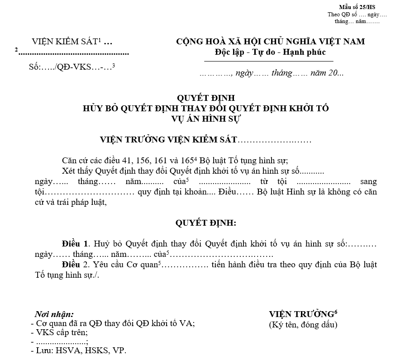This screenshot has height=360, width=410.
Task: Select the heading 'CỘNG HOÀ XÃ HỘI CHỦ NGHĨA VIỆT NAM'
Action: (270, 42)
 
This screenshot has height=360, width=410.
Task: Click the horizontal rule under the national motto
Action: (269, 61)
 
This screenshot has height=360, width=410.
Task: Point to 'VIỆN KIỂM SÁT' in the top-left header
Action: (65, 42)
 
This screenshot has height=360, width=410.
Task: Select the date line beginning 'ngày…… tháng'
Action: (271, 73)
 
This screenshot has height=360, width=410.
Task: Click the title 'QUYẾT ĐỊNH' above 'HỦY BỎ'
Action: (206, 98)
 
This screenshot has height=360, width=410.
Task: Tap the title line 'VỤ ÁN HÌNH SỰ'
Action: (206, 119)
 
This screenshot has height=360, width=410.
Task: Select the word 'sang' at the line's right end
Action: (368, 181)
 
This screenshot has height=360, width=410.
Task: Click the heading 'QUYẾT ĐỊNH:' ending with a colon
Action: (206, 223)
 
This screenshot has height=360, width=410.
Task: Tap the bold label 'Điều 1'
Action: (76, 244)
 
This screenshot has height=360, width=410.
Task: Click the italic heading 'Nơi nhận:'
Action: (54, 314)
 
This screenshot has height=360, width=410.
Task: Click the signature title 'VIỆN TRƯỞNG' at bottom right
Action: (300, 314)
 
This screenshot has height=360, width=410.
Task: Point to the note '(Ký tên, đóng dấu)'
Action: (303, 324)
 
